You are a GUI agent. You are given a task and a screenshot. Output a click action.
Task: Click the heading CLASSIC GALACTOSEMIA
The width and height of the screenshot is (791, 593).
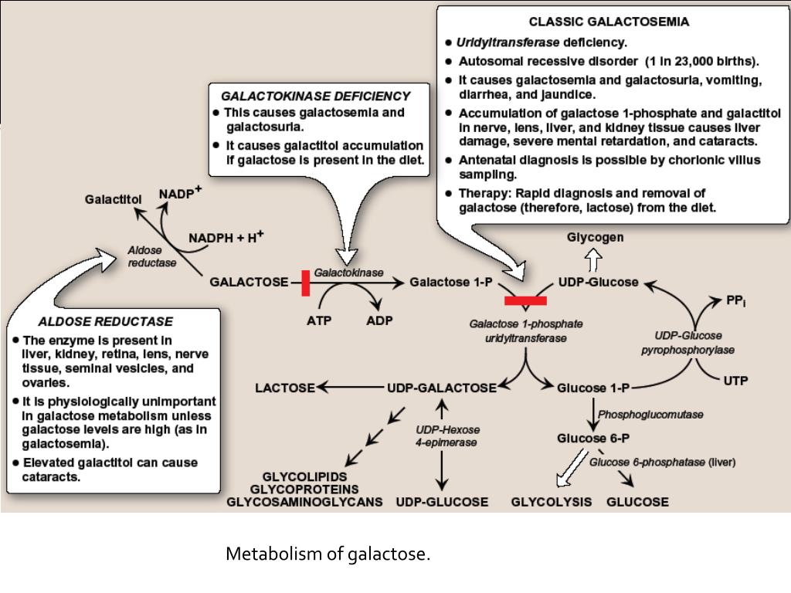coord(609,22)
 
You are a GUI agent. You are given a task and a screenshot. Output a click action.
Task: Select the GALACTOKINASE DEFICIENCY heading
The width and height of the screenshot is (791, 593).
coord(316,97)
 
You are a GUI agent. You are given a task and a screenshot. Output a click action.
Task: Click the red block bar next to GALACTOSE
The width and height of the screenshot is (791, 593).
coord(306,283)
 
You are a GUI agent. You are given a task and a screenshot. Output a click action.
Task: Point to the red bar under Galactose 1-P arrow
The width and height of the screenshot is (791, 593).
coord(525,300)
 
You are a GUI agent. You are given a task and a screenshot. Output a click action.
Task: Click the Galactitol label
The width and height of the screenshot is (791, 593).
coord(113,199)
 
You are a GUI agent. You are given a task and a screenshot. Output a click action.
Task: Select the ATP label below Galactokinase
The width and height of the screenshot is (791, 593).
coord(319,320)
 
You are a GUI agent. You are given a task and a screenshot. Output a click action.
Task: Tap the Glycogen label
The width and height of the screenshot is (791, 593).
coord(595,238)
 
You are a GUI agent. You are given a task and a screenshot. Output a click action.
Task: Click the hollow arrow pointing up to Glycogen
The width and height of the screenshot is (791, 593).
coord(594,259)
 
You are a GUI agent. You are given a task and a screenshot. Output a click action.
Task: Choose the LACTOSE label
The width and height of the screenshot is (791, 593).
coord(285,388)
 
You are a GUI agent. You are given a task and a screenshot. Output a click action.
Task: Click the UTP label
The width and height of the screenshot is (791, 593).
coord(735,381)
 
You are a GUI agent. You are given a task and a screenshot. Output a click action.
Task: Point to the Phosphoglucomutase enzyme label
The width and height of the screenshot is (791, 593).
coord(650,415)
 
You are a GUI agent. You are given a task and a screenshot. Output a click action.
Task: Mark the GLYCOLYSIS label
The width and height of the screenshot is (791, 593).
coord(552,502)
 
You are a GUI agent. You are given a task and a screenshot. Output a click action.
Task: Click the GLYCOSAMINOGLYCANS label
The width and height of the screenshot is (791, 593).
coord(304,502)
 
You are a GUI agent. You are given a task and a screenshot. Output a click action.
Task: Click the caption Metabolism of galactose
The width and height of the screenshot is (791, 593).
coord(328,554)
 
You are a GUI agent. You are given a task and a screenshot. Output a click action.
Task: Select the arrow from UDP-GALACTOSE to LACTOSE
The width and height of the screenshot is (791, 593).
coord(351,388)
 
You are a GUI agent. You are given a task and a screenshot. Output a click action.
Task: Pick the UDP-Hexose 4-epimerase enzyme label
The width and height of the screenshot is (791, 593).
coord(447,436)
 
